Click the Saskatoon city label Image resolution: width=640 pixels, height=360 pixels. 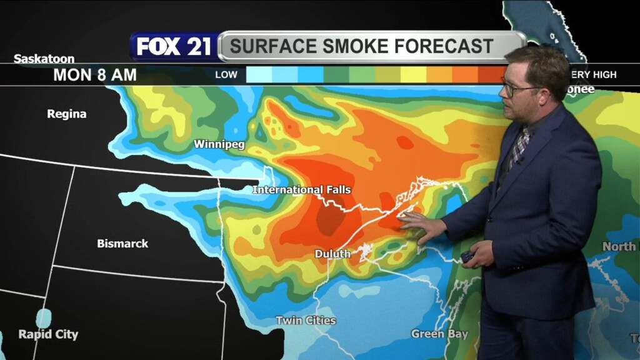tap(44, 59)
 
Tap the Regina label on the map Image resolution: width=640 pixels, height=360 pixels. tap(67, 114)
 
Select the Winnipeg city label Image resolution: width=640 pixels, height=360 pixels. tap(219, 144)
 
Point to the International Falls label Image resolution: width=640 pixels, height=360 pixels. tap(302, 189)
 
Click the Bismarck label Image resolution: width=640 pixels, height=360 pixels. tap(122, 244)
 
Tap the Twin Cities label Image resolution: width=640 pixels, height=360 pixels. tap(306, 321)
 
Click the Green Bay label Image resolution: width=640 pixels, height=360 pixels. tap(439, 334)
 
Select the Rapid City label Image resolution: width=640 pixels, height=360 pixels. tap(48, 334)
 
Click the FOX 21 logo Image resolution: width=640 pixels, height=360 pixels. tap(174, 47)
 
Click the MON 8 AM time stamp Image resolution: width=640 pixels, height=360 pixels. tap(95, 76)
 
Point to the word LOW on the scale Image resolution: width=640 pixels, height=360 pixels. tap(226, 75)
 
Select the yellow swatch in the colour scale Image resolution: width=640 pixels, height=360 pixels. tap(412, 75)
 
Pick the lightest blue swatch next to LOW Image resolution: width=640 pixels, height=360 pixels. tap(259, 75)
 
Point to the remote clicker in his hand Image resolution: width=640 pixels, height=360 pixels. tap(467, 256)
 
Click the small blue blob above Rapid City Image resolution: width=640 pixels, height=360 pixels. tap(43, 317)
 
